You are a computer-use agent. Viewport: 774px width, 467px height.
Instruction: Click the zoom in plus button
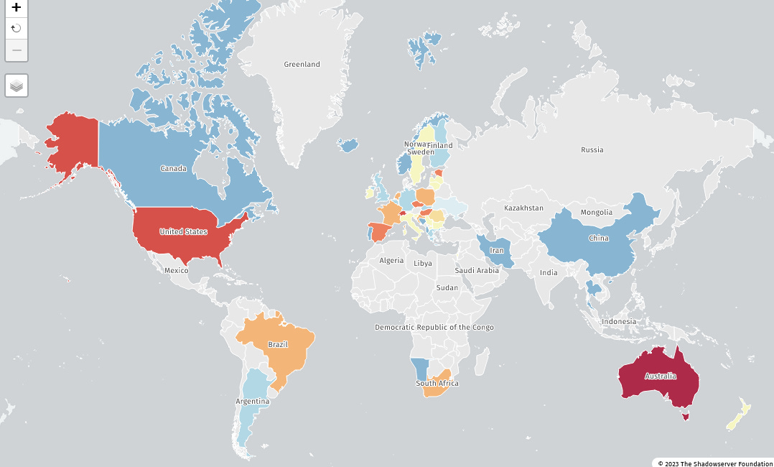pyautogui.click(x=17, y=8)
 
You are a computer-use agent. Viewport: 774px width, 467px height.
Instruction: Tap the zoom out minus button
pyautogui.click(x=17, y=50)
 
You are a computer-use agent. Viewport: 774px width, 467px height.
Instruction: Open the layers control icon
pyautogui.click(x=17, y=85)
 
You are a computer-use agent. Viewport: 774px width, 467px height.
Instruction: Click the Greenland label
pyautogui.click(x=302, y=65)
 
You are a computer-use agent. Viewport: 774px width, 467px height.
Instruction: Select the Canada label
pyautogui.click(x=173, y=169)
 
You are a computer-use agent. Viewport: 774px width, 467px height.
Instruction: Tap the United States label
pyautogui.click(x=183, y=232)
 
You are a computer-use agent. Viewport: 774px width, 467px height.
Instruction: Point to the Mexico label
pyautogui.click(x=176, y=271)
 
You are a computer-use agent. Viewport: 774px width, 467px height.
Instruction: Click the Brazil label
pyautogui.click(x=278, y=345)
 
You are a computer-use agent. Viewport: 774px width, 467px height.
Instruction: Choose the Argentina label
pyautogui.click(x=253, y=401)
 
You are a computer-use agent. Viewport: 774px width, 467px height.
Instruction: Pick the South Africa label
pyautogui.click(x=437, y=384)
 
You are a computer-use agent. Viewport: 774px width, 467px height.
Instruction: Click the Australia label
pyautogui.click(x=660, y=376)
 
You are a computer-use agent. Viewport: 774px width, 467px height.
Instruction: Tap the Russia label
pyautogui.click(x=592, y=150)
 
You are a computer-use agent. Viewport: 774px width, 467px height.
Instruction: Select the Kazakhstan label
pyautogui.click(x=523, y=208)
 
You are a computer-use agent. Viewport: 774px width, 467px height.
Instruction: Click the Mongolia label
pyautogui.click(x=597, y=213)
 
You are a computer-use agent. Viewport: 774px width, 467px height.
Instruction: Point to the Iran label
pyautogui.click(x=497, y=251)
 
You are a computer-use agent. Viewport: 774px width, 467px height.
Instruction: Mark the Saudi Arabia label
pyautogui.click(x=477, y=271)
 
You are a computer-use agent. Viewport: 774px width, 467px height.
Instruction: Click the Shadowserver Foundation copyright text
pyautogui.click(x=715, y=463)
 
